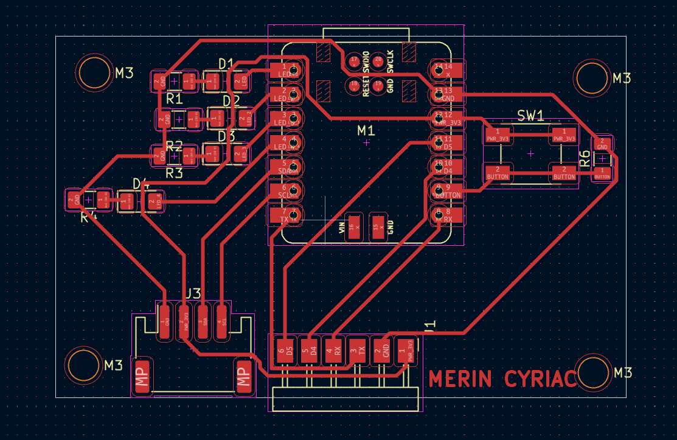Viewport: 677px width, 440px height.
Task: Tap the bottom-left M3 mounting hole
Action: click(x=83, y=365)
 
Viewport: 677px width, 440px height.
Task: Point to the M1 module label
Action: click(x=366, y=130)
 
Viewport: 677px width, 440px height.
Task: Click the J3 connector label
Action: click(x=192, y=293)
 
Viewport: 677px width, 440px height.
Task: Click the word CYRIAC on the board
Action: click(x=540, y=379)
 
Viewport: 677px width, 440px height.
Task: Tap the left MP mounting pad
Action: click(x=144, y=377)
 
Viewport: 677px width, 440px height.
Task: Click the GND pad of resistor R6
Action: click(x=602, y=144)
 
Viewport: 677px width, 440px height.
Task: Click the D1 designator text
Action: click(x=226, y=63)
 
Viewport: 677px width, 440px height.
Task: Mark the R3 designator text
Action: click(x=174, y=173)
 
